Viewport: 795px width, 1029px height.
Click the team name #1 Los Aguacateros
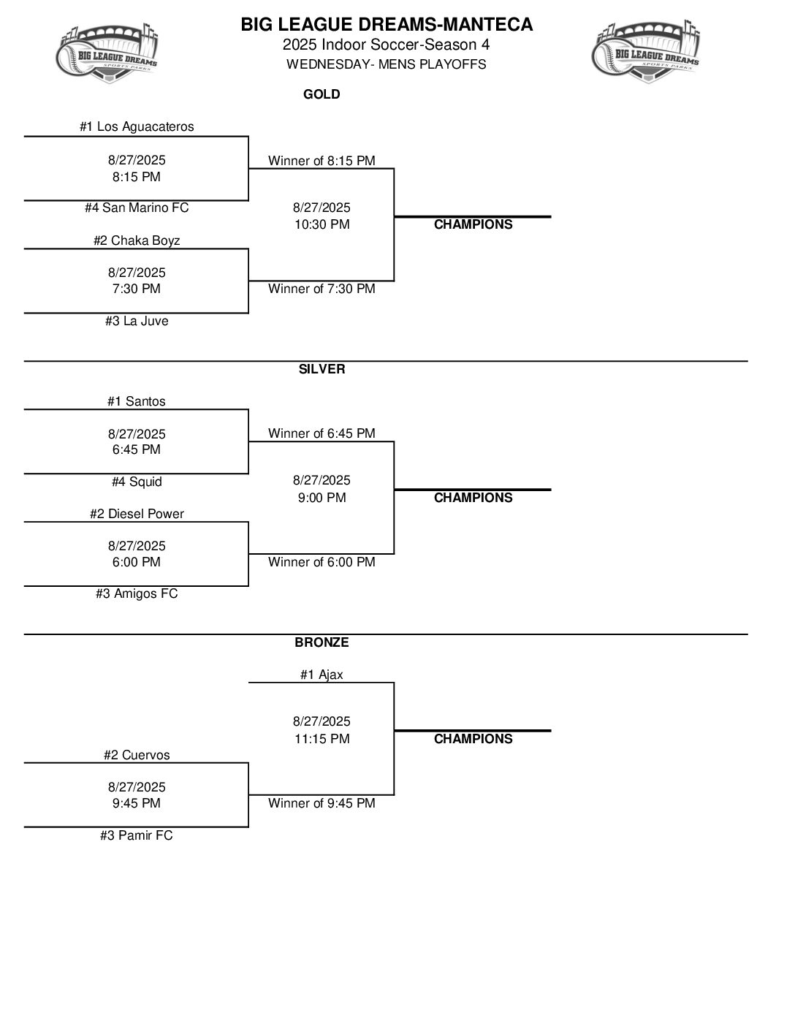137,126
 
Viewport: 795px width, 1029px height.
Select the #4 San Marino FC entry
137,208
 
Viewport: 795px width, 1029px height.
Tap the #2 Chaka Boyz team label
137,240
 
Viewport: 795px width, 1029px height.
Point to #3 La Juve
137,321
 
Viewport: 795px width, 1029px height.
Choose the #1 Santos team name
137,401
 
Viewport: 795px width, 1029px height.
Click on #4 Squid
137,482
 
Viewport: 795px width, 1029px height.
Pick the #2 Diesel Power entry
137,514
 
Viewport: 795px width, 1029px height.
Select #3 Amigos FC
137,593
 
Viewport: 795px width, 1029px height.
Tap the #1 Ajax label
322,675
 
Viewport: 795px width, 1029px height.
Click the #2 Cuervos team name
137,755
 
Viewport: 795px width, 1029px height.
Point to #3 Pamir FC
137,835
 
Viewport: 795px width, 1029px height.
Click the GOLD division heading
322,94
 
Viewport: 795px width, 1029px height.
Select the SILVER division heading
322,369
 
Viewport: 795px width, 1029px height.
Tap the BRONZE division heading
322,642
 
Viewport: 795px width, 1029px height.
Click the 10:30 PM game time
322,224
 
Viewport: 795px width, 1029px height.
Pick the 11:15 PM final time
322,739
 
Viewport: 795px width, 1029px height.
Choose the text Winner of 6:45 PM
322,433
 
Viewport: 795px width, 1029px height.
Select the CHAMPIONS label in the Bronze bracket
473,739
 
